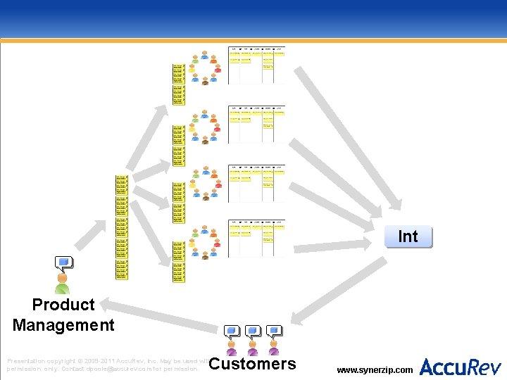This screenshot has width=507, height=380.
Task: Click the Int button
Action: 408,237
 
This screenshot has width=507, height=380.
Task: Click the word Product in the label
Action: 63,305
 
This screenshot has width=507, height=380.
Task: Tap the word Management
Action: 63,325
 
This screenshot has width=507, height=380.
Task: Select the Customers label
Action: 253,364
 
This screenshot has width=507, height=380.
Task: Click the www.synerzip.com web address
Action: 375,369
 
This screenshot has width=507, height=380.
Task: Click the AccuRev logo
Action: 461,367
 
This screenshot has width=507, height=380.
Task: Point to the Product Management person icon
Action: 63,284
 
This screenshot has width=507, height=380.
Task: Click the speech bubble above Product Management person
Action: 64,263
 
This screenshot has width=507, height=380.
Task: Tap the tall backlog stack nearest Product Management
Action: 122,227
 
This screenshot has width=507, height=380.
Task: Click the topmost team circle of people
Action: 205,68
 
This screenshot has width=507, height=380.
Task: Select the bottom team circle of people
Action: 205,243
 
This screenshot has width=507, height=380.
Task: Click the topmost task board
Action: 256,65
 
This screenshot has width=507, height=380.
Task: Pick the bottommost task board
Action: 256,237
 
